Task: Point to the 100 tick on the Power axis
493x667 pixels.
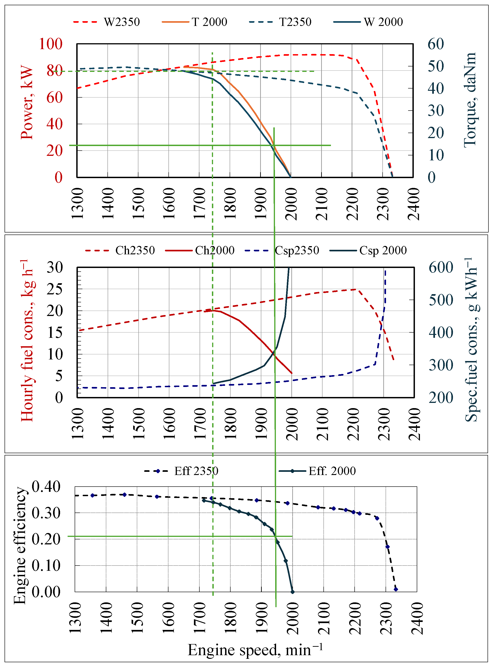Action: click(51, 44)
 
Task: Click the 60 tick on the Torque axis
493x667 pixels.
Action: click(435, 44)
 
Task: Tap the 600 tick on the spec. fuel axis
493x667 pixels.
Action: click(441, 267)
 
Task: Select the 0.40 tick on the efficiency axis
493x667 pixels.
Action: click(46, 487)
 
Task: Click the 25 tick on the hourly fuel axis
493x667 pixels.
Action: click(55, 289)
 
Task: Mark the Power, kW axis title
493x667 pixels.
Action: click(27, 102)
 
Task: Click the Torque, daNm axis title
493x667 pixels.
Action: click(470, 100)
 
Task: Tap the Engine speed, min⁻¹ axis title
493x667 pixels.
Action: click(255, 650)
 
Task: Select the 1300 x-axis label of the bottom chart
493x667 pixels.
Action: click(75, 618)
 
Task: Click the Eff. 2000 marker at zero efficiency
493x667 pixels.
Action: click(292, 592)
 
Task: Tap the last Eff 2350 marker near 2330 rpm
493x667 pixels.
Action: click(396, 589)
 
